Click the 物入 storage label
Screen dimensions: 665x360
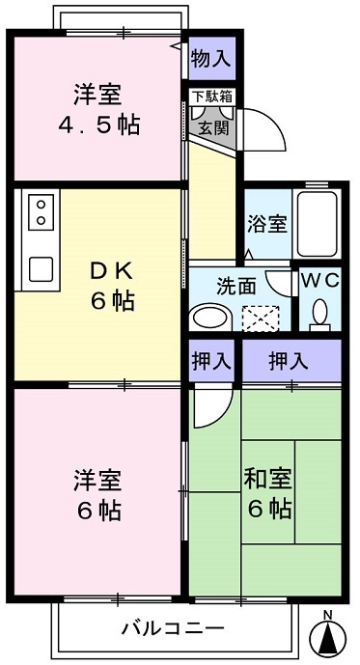coord(211,57)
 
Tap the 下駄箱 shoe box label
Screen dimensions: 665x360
coord(211,97)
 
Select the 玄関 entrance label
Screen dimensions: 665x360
coord(211,125)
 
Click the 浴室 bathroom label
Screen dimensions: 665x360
coord(267,224)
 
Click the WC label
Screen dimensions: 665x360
coord(318,281)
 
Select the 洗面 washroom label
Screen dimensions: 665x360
coord(235,286)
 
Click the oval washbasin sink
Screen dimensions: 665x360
coord(208,318)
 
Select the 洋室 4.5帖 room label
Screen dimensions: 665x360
coord(100,111)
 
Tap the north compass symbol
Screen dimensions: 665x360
coord(329,637)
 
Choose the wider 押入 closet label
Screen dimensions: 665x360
coord(290,362)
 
